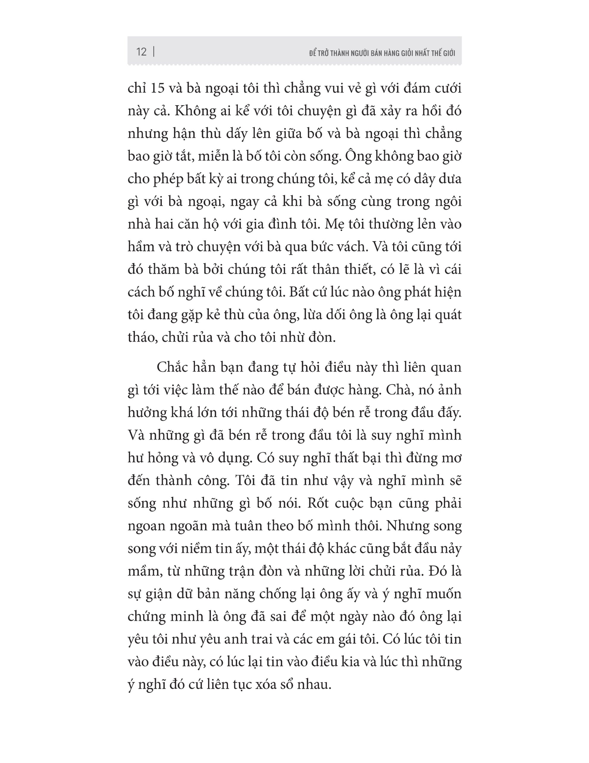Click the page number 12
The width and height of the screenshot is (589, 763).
pos(141,52)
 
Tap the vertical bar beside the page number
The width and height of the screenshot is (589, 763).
pos(154,52)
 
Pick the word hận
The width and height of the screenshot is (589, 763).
pos(182,134)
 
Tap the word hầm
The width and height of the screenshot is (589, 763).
pos(141,247)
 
